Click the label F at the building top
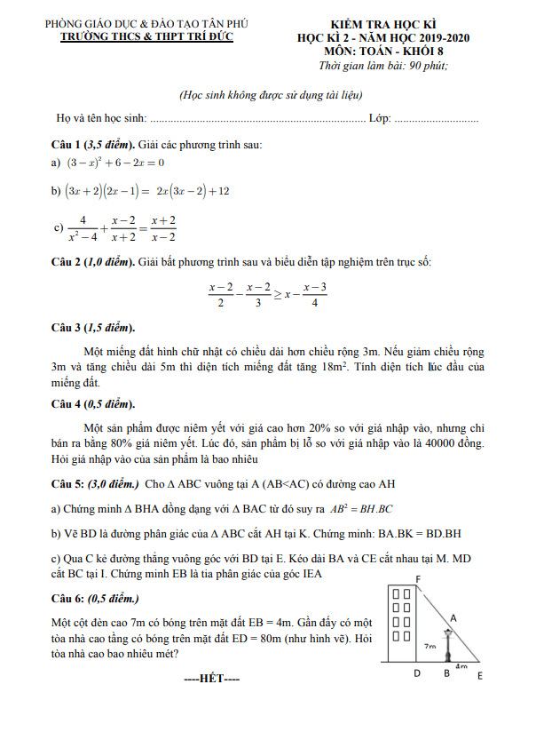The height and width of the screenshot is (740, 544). pyautogui.click(x=417, y=579)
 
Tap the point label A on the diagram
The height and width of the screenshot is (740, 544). pyautogui.click(x=453, y=617)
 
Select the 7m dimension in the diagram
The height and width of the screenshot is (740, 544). pyautogui.click(x=429, y=647)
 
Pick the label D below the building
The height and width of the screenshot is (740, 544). pyautogui.click(x=417, y=674)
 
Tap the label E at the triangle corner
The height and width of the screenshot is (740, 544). pyautogui.click(x=479, y=676)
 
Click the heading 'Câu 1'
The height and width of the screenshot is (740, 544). pyautogui.click(x=67, y=145)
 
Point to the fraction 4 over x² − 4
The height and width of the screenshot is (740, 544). pyautogui.click(x=82, y=228)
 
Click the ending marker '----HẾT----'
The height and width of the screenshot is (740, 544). pyautogui.click(x=211, y=679)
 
